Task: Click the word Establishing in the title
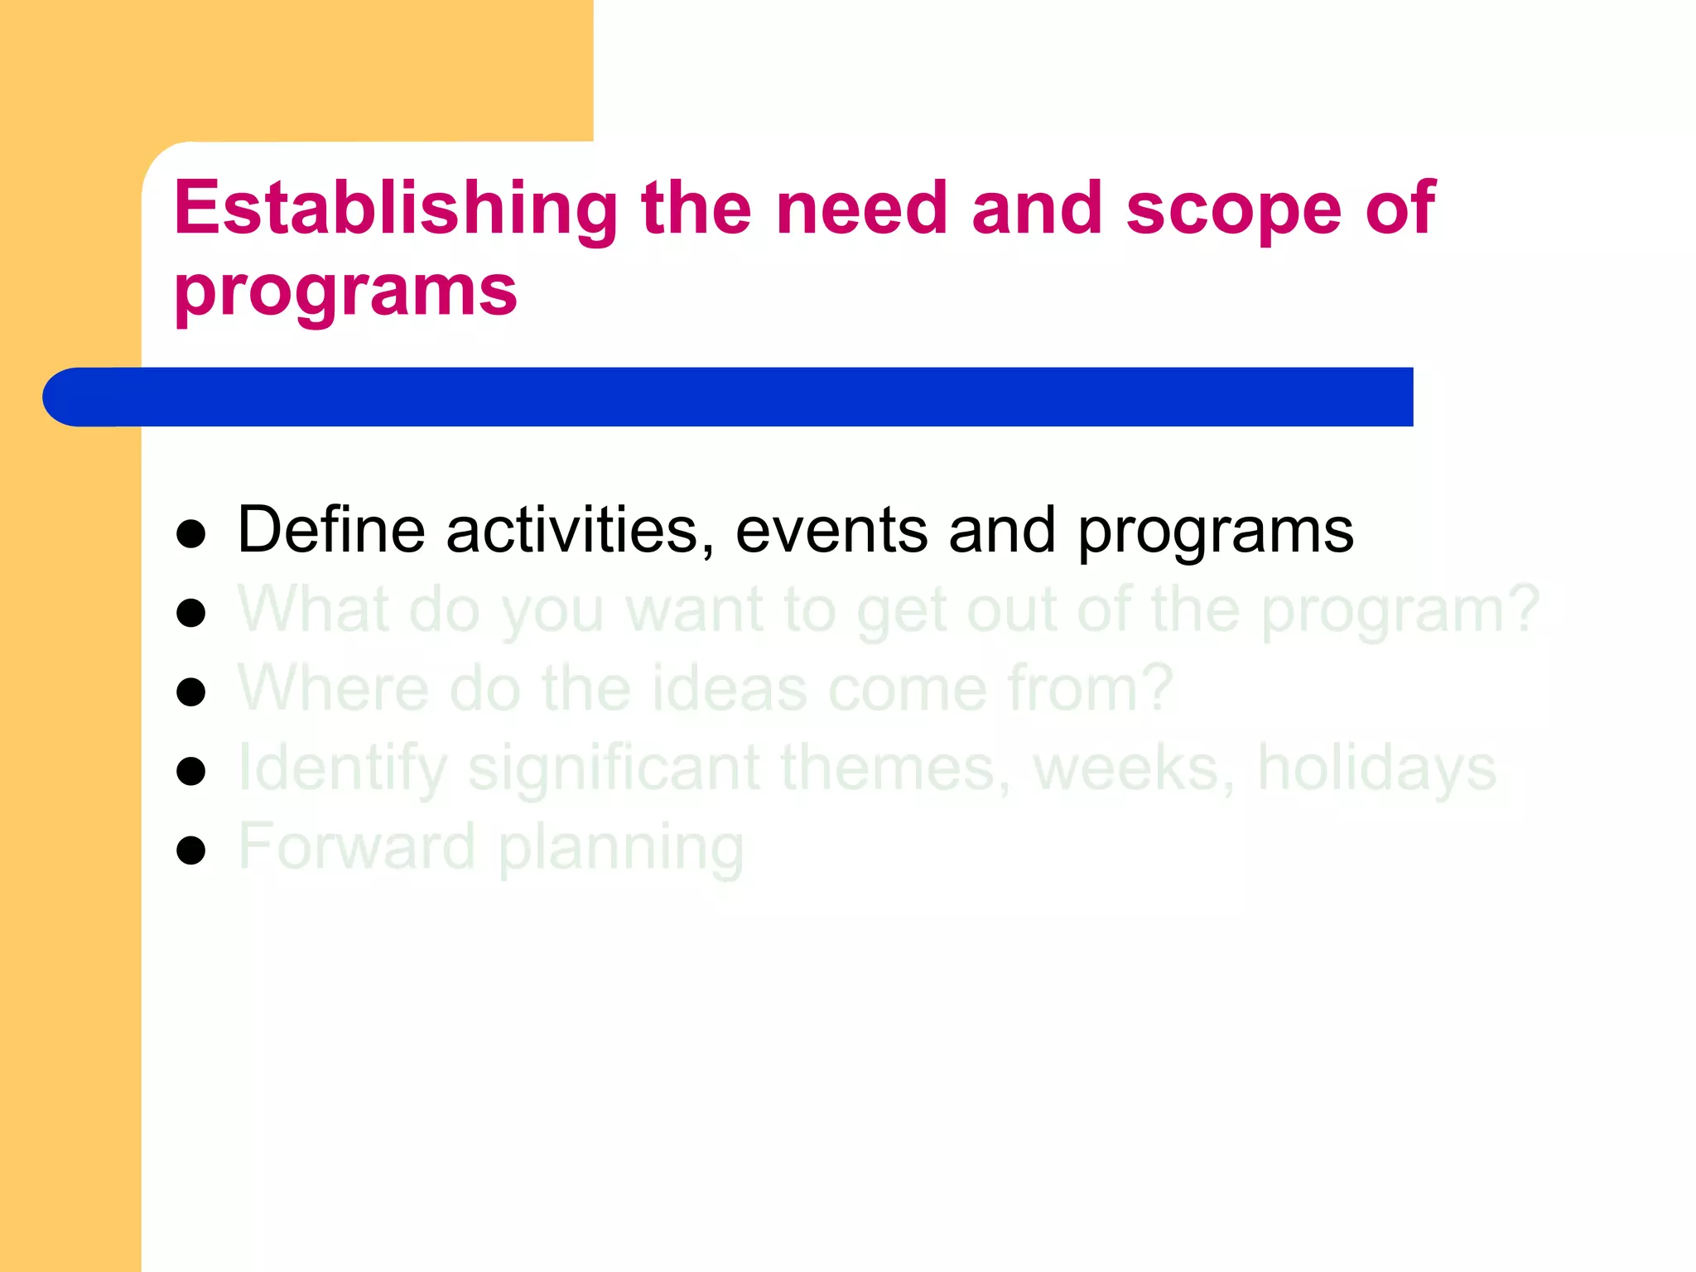coord(396,209)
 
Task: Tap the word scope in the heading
coord(1233,209)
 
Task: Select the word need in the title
coord(861,209)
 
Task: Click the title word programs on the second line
coord(346,291)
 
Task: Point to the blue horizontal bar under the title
coord(729,397)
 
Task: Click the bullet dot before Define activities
coord(191,534)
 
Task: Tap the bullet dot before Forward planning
coord(191,850)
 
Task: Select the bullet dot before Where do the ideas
coord(191,692)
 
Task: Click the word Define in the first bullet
coord(331,530)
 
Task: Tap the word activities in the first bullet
coord(580,530)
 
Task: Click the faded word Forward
coord(356,846)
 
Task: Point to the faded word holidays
coord(1376,768)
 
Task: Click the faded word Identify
coord(342,768)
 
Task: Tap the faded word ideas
coord(729,689)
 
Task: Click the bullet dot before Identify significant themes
coord(191,771)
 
